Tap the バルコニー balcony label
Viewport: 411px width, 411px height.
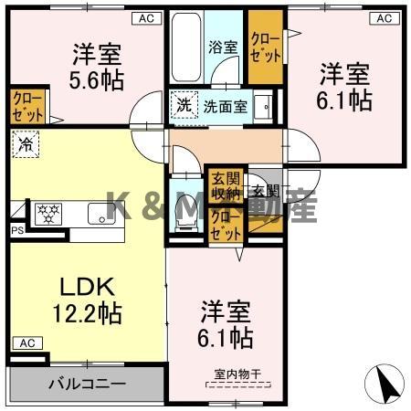click(87, 384)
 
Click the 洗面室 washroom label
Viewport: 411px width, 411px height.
click(225, 105)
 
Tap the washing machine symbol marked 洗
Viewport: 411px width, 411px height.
click(184, 104)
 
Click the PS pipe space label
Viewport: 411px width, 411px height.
click(16, 231)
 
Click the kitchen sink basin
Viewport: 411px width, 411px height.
click(98, 214)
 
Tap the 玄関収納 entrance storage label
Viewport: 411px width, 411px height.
click(223, 185)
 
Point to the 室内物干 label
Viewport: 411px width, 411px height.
click(236, 373)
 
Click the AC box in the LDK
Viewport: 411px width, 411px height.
click(26, 342)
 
